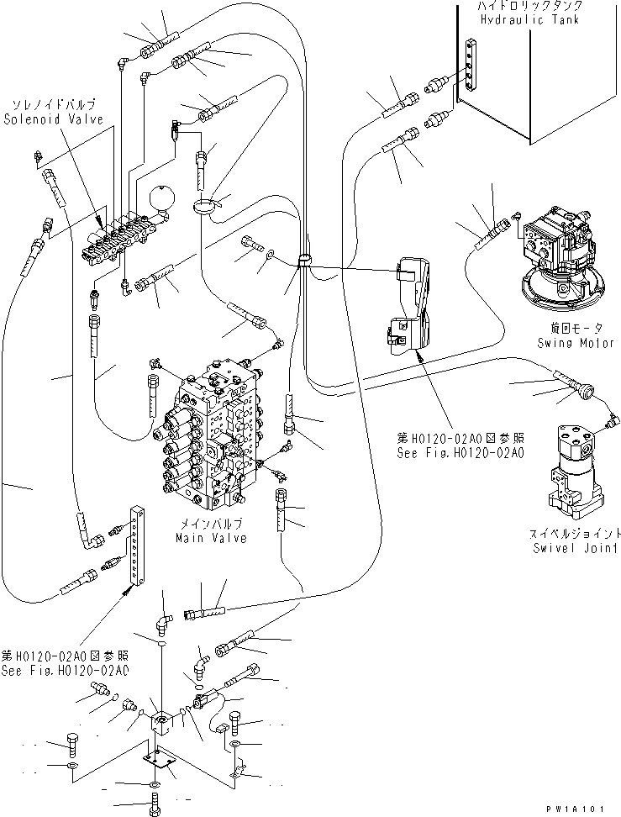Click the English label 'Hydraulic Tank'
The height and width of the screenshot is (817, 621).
tap(529, 19)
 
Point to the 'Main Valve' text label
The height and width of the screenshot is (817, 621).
tap(211, 538)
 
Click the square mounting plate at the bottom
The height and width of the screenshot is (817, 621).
tap(160, 760)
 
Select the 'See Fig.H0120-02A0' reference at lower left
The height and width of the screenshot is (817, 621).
tap(65, 662)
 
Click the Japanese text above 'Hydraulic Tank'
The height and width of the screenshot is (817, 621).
tap(529, 6)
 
